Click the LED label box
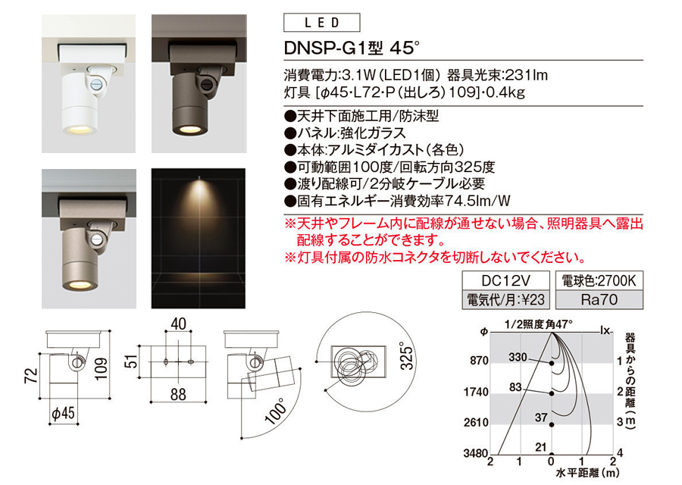point(321,23)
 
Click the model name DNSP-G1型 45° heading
point(352,48)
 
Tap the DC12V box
point(506,280)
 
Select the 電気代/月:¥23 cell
point(506,299)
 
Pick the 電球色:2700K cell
point(599,280)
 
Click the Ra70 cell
point(599,299)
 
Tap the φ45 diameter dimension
point(64,412)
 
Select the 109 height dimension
point(101,369)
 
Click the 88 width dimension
point(178,395)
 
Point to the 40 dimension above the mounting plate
point(178,324)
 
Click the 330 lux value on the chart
point(518,357)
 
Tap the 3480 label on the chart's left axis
point(475,454)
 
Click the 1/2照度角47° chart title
point(539,324)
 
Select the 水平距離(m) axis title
point(587,473)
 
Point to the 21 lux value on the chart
point(540,446)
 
